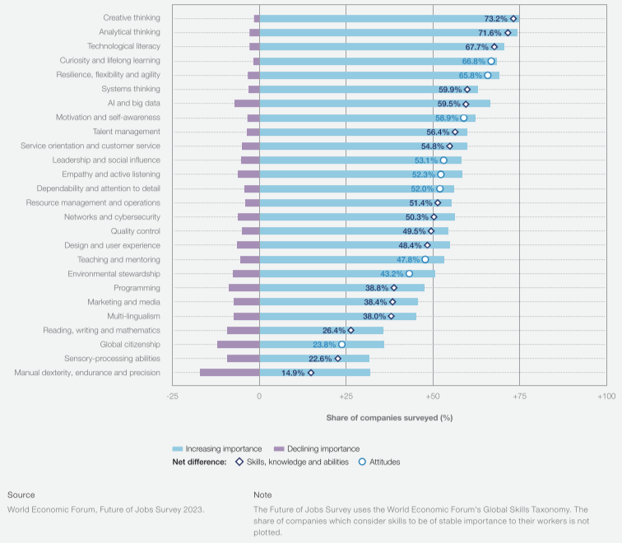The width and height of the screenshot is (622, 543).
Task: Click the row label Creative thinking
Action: coord(132,18)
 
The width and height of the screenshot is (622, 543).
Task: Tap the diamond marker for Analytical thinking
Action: coord(508,33)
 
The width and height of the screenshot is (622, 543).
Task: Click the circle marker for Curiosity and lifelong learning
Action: coord(491,61)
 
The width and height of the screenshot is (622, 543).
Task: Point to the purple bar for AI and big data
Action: coord(247,104)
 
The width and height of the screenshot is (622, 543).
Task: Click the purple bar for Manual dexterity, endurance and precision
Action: coord(230,373)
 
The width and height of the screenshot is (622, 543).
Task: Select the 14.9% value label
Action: coord(293,373)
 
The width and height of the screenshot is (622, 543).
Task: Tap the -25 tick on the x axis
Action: coord(172,397)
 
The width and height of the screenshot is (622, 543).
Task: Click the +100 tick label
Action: coord(606,397)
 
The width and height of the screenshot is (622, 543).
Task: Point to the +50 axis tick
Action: coord(432,397)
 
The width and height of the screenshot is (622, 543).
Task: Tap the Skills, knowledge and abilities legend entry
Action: coord(304,462)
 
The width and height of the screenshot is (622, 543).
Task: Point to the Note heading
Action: coord(263,494)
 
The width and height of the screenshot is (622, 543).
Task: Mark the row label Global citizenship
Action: coord(130,345)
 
